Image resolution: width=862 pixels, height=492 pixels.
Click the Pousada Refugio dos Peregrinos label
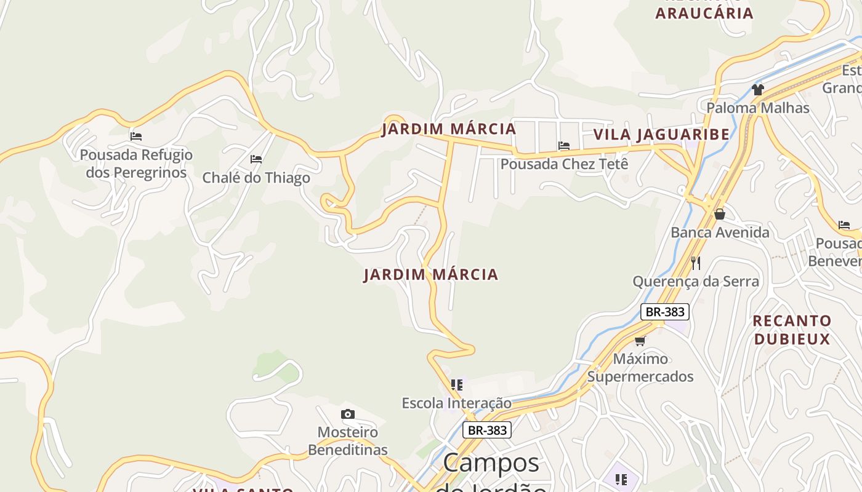pyautogui.click(x=136, y=164)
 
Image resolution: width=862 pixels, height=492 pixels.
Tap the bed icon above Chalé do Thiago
pyautogui.click(x=256, y=159)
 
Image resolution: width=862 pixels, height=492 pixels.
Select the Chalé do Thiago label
pyautogui.click(x=256, y=178)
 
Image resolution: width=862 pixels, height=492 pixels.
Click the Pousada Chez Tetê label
pyautogui.click(x=564, y=164)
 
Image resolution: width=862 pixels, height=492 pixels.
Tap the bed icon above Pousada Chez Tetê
pyautogui.click(x=563, y=146)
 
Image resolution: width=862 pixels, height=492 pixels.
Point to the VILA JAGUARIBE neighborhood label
pyautogui.click(x=661, y=135)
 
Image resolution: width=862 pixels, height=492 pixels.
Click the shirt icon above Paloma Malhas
pyautogui.click(x=757, y=90)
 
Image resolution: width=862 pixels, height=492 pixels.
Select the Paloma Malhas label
pyautogui.click(x=757, y=108)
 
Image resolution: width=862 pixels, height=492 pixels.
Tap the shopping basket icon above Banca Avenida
pyautogui.click(x=719, y=214)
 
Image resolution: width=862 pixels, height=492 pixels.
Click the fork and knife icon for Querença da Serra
pyautogui.click(x=696, y=263)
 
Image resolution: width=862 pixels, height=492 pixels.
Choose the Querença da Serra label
pyautogui.click(x=696, y=282)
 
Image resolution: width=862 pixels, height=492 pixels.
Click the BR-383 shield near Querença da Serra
pyautogui.click(x=664, y=312)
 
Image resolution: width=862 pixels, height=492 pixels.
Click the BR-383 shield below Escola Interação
pyautogui.click(x=487, y=430)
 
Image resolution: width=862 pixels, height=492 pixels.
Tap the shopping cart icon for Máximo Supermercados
pyautogui.click(x=640, y=341)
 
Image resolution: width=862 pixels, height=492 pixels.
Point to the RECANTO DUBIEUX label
pyautogui.click(x=792, y=330)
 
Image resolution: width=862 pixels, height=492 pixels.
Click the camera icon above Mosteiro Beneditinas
pyautogui.click(x=348, y=415)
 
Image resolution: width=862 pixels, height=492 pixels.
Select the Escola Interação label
pyautogui.click(x=456, y=403)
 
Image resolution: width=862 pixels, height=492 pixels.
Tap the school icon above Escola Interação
pyautogui.click(x=456, y=385)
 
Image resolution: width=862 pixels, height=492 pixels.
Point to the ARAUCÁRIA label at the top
pyautogui.click(x=704, y=14)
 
